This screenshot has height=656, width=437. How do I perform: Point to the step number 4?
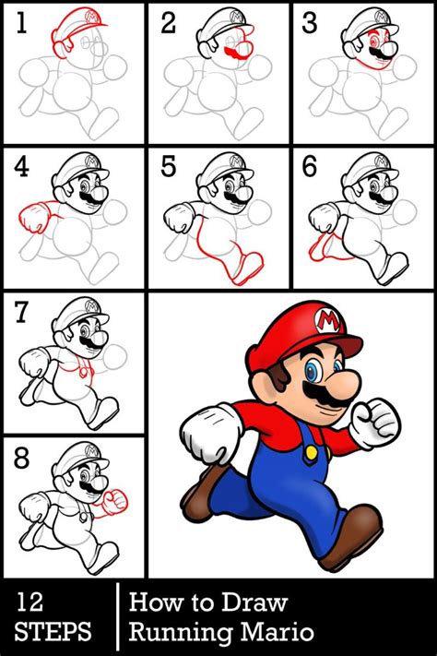[x=21, y=168]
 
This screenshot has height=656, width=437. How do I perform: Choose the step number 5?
[x=167, y=168]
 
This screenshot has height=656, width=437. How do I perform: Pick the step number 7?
[x=21, y=314]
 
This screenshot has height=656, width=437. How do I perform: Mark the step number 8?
[x=21, y=459]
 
